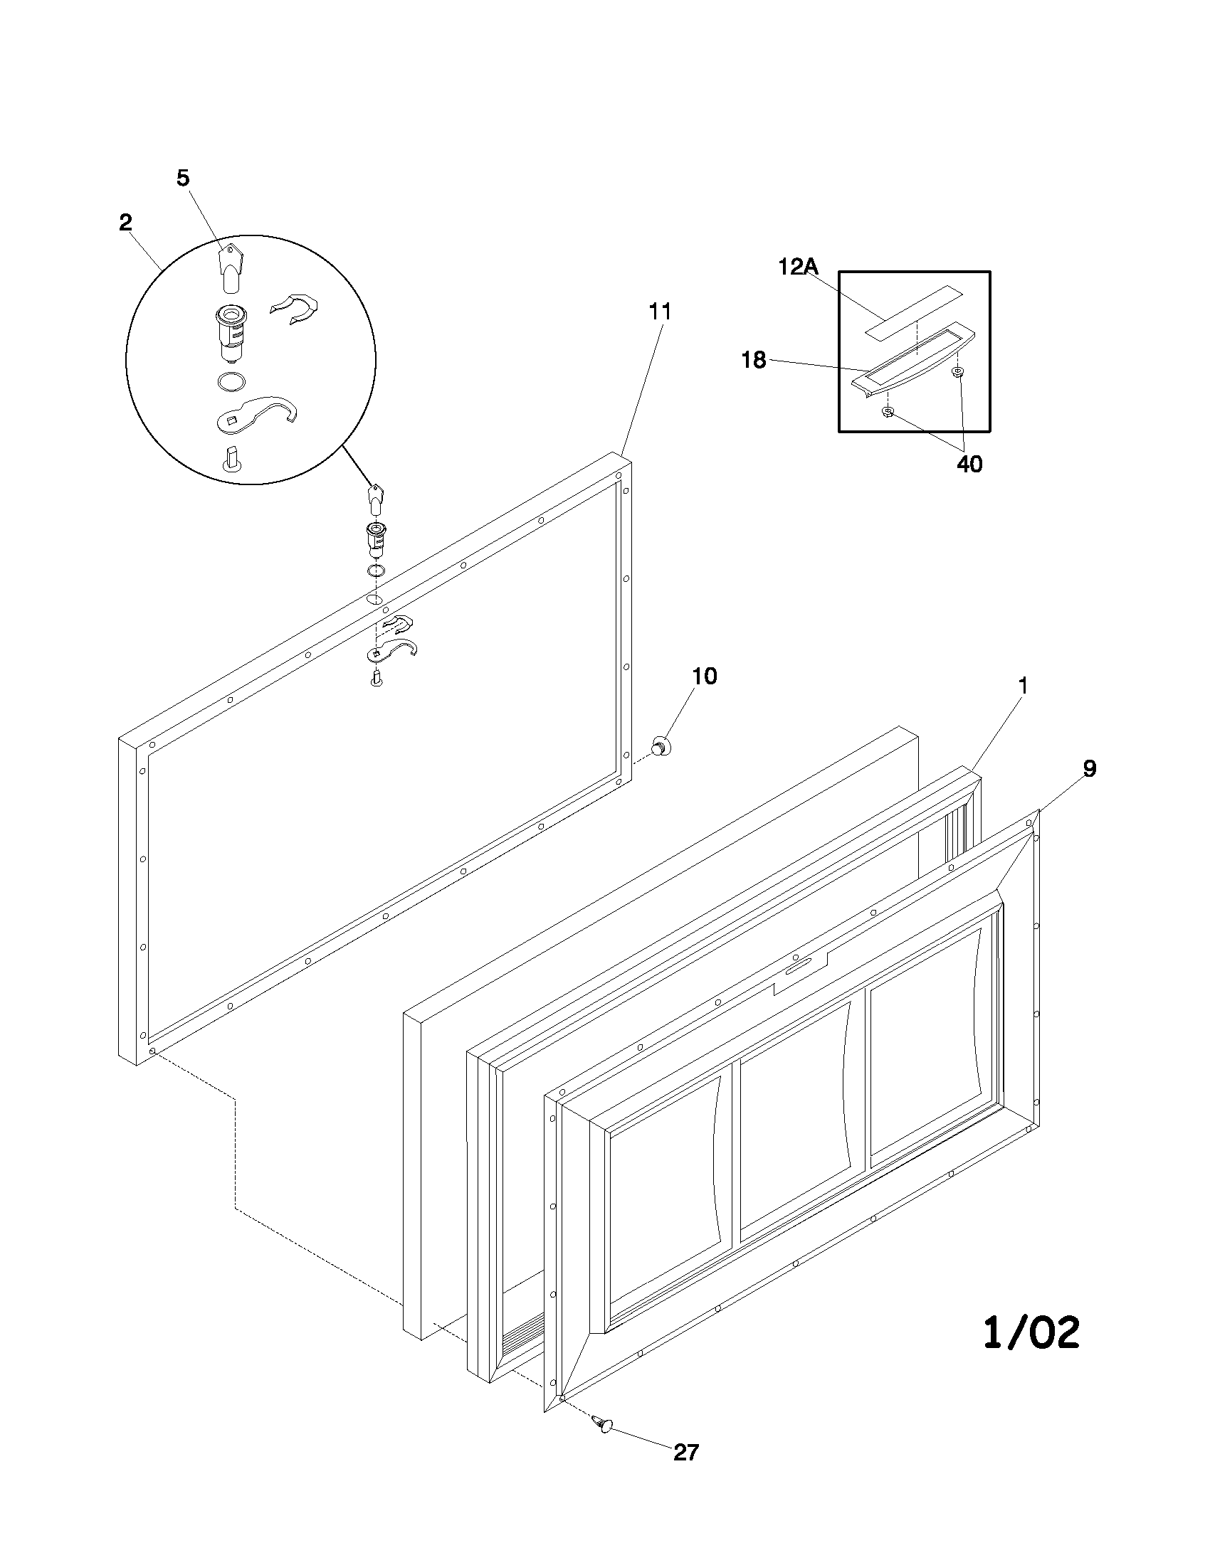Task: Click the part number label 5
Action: (x=184, y=179)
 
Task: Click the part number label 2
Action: (x=126, y=222)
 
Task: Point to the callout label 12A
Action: (x=798, y=267)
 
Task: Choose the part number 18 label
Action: (x=753, y=360)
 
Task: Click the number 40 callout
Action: (x=969, y=465)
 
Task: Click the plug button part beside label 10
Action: (x=661, y=748)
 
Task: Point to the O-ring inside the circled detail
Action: (x=230, y=381)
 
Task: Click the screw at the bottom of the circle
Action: (x=231, y=460)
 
